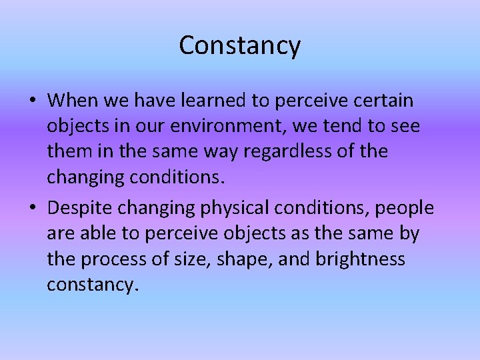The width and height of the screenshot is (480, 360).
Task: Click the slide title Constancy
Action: (240, 45)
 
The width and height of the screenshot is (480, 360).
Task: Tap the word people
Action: (404, 208)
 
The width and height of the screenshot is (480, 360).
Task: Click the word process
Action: (108, 259)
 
